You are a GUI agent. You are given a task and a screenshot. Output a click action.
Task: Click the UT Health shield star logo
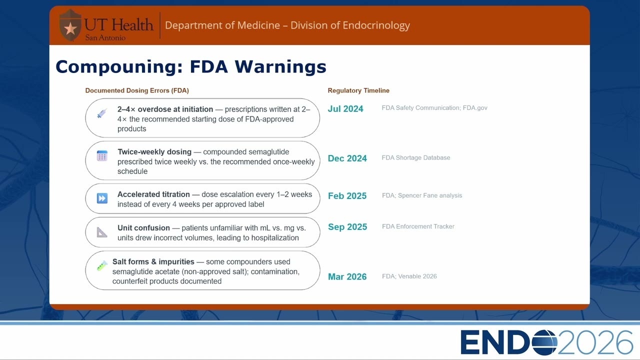click(x=70, y=25)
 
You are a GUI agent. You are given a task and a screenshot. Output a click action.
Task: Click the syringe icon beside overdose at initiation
click(x=102, y=113)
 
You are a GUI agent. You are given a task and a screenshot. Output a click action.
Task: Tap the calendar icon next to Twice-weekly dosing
click(x=102, y=155)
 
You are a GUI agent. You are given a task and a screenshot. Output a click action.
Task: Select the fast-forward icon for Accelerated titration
click(x=102, y=198)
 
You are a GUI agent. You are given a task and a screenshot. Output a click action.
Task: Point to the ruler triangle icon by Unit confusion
click(x=101, y=232)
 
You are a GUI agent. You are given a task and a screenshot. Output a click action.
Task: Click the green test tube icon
click(x=102, y=265)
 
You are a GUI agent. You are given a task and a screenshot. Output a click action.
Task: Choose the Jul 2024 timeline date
click(x=345, y=109)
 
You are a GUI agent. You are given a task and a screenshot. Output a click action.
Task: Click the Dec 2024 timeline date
click(x=347, y=158)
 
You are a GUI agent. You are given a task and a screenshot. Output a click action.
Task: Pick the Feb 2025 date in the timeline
click(x=347, y=196)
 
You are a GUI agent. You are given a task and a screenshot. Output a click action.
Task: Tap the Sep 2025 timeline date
click(x=347, y=227)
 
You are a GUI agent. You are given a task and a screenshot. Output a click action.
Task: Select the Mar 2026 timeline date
click(x=347, y=277)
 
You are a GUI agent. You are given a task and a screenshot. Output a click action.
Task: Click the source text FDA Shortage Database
click(x=415, y=157)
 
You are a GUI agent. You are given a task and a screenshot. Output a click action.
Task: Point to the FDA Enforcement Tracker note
click(x=418, y=226)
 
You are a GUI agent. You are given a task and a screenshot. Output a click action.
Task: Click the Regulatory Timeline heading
click(x=358, y=90)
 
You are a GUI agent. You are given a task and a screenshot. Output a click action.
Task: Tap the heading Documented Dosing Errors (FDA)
click(x=137, y=90)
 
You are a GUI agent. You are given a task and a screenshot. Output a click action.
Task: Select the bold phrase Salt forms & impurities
click(x=153, y=261)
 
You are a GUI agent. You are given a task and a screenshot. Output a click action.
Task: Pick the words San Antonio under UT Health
click(x=105, y=37)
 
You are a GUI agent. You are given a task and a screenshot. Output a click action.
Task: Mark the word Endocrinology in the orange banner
click(x=376, y=25)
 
